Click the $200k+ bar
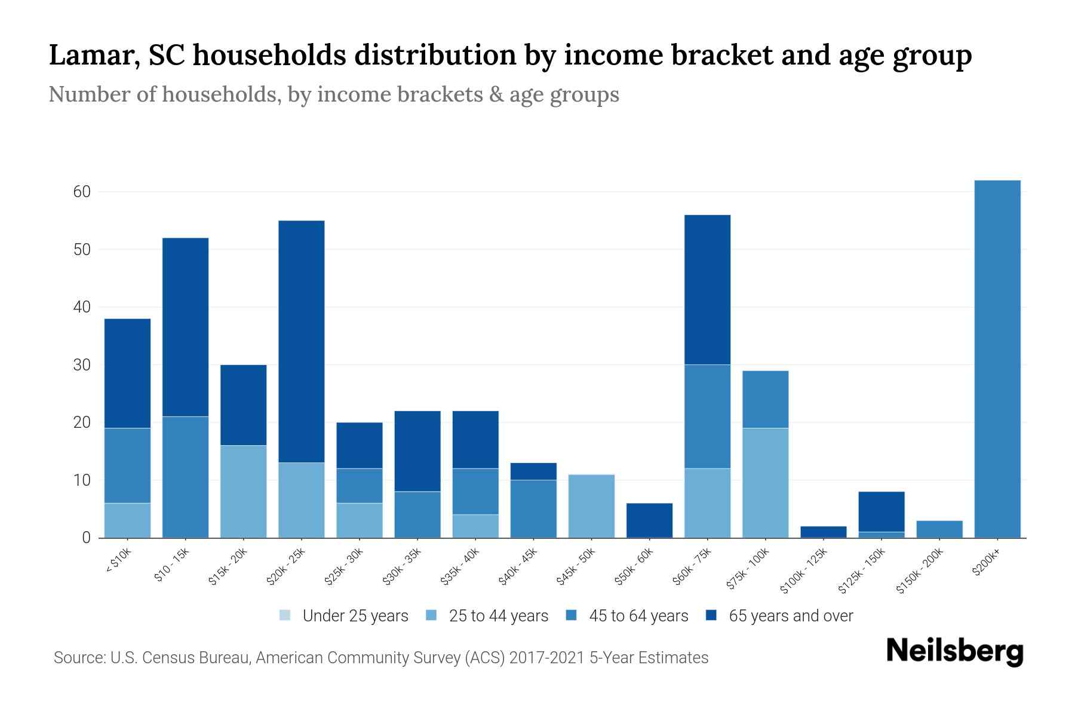(997, 358)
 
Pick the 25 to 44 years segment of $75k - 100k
(766, 483)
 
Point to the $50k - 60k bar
(650, 520)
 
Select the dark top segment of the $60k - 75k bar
(708, 290)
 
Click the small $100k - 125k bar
(824, 532)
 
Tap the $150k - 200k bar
(939, 529)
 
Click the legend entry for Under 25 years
(344, 616)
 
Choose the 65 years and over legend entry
(779, 616)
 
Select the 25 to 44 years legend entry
(487, 616)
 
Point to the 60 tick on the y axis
(82, 192)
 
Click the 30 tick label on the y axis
(82, 365)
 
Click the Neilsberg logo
(954, 651)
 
